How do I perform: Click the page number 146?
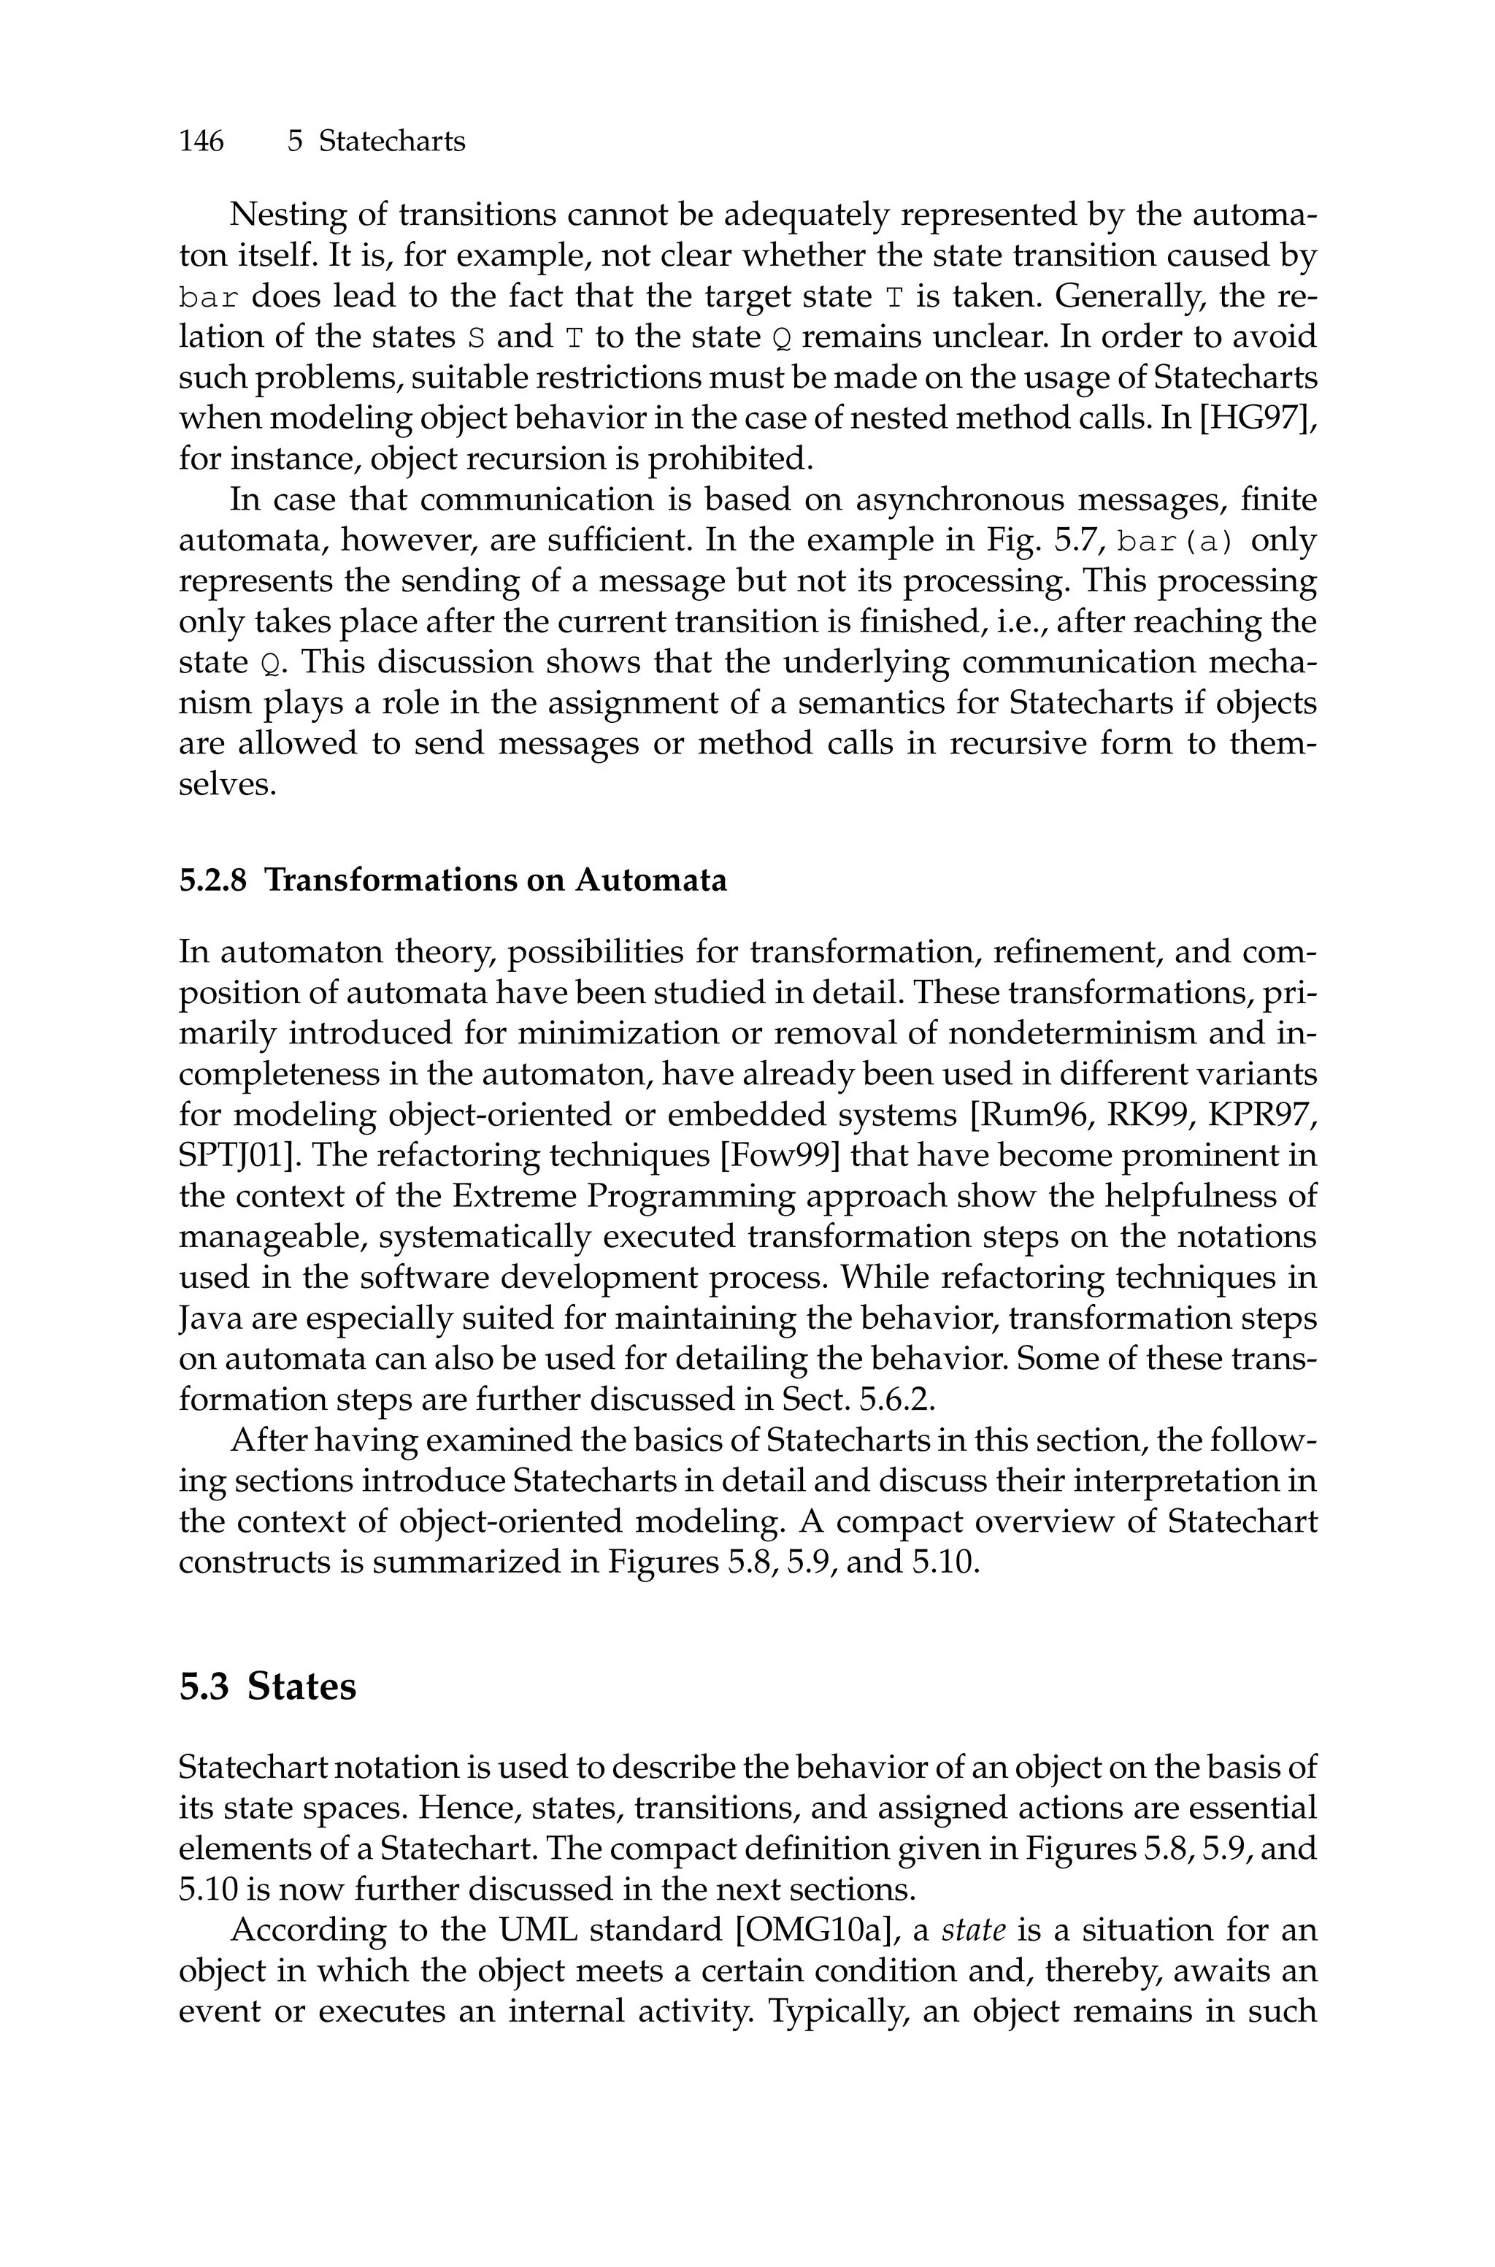click(x=201, y=141)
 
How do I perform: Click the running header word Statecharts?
click(x=392, y=141)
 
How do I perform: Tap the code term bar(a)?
click(x=1175, y=542)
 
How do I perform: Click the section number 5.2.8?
click(x=212, y=880)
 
